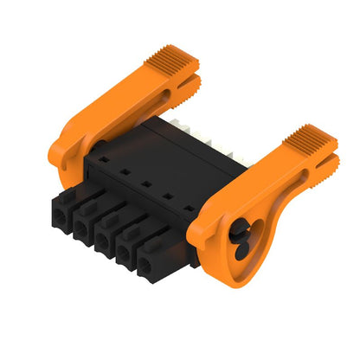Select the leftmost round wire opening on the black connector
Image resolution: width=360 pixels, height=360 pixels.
point(61,220)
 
